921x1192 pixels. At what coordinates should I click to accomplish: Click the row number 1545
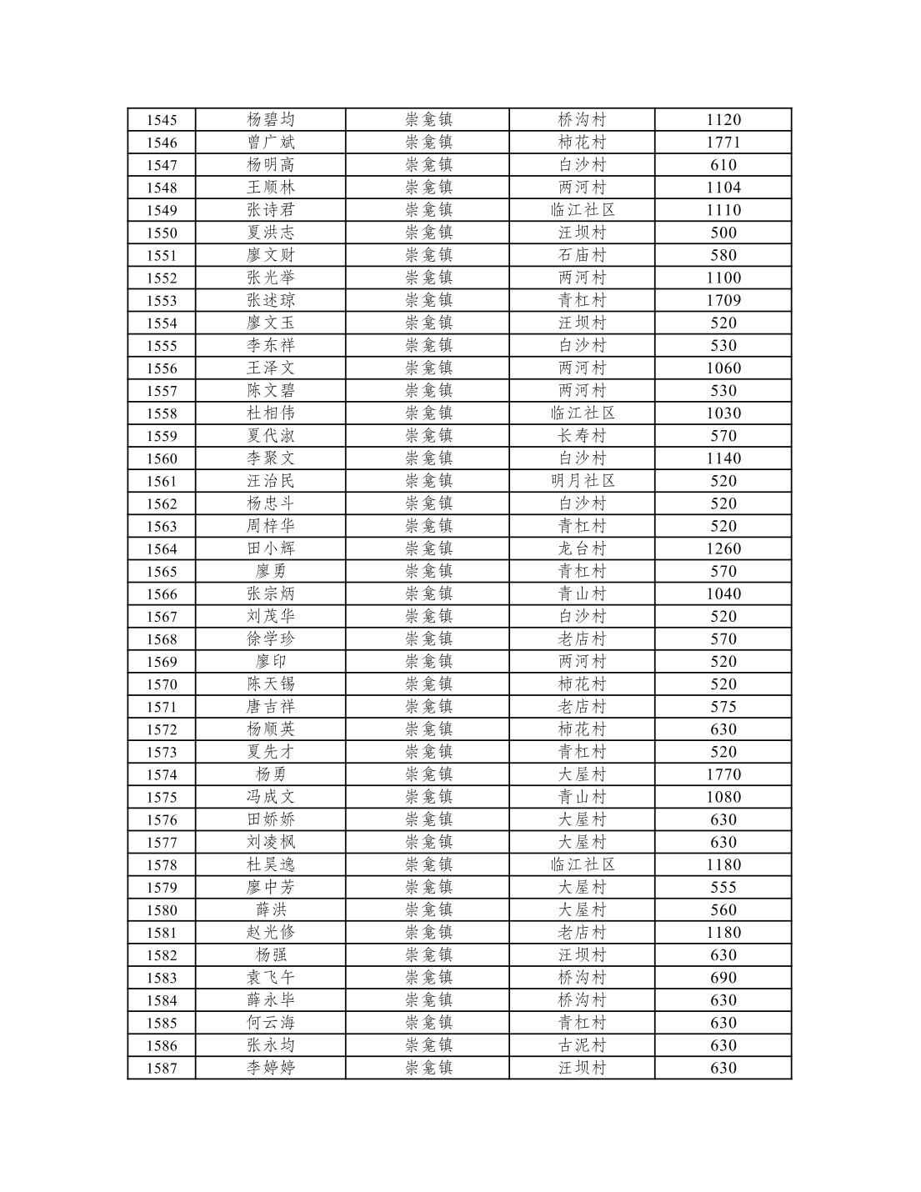tap(162, 120)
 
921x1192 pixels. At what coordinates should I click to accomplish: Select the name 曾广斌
tap(271, 143)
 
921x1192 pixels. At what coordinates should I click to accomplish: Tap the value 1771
tap(723, 143)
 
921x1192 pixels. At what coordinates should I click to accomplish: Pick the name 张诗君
tap(271, 210)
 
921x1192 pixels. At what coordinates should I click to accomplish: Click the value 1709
tap(723, 300)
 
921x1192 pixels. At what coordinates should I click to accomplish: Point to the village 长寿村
tap(582, 436)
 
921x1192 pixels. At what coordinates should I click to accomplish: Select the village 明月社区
tap(582, 481)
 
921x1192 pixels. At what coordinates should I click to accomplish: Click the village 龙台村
tap(582, 548)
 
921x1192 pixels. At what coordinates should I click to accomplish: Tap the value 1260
tap(723, 548)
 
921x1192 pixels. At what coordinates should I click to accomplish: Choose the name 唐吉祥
tap(271, 707)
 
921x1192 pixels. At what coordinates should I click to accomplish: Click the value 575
tap(723, 707)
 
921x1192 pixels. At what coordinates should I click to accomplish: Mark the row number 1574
tap(162, 774)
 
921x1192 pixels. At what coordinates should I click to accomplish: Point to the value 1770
tap(723, 774)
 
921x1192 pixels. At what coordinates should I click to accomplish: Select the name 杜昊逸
tap(271, 864)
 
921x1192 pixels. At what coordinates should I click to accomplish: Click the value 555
tap(723, 887)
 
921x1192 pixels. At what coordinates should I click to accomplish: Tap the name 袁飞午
tap(271, 978)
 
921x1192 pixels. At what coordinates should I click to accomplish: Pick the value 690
tap(723, 978)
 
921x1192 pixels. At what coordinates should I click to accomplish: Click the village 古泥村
tap(582, 1045)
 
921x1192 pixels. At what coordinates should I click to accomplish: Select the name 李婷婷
tap(271, 1068)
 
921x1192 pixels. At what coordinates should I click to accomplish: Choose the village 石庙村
tap(582, 255)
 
